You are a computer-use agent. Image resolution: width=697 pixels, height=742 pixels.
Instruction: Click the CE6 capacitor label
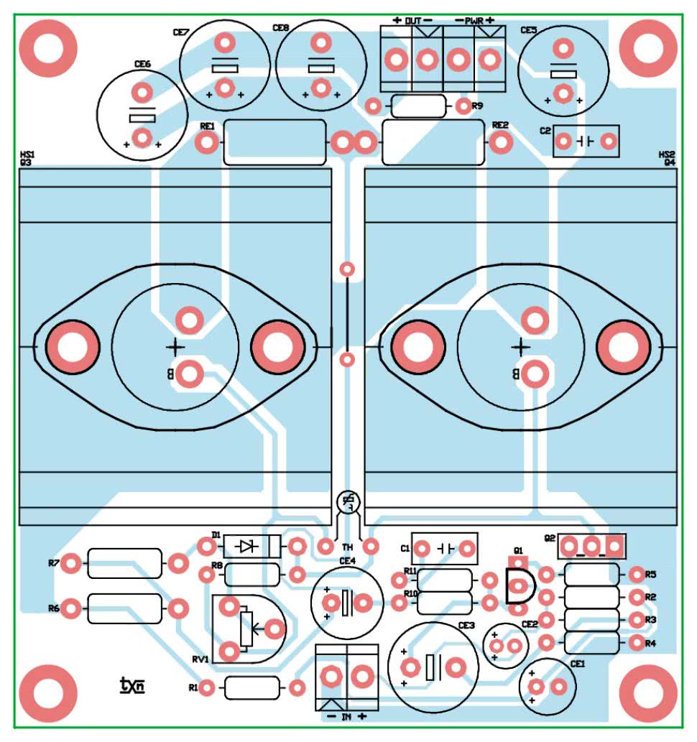pyautogui.click(x=142, y=65)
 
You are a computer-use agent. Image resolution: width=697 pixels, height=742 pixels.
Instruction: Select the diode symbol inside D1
pyautogui.click(x=249, y=547)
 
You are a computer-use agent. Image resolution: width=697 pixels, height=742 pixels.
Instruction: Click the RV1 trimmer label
pyautogui.click(x=200, y=659)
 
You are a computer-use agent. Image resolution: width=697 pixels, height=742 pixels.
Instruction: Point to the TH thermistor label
pyautogui.click(x=347, y=548)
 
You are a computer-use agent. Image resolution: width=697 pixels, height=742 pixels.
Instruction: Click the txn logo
pyautogui.click(x=131, y=687)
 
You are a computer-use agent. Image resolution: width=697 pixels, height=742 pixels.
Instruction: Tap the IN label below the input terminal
pyautogui.click(x=346, y=717)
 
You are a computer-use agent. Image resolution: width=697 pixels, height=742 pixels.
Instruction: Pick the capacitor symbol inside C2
pyautogui.click(x=586, y=141)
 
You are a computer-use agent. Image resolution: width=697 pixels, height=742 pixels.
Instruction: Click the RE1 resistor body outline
pyautogui.click(x=276, y=143)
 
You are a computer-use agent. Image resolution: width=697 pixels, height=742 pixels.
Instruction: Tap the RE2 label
pyautogui.click(x=500, y=125)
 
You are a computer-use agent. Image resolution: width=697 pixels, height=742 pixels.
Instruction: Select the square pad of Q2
pyautogui.click(x=614, y=547)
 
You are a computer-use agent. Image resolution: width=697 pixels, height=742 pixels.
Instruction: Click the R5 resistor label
pyautogui.click(x=650, y=575)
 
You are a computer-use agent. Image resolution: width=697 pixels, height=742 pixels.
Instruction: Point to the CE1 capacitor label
pyautogui.click(x=577, y=664)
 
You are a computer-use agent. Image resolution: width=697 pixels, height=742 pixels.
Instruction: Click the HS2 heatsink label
pyautogui.click(x=667, y=154)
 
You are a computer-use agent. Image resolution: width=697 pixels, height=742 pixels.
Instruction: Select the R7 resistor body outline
pyautogui.click(x=124, y=564)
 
